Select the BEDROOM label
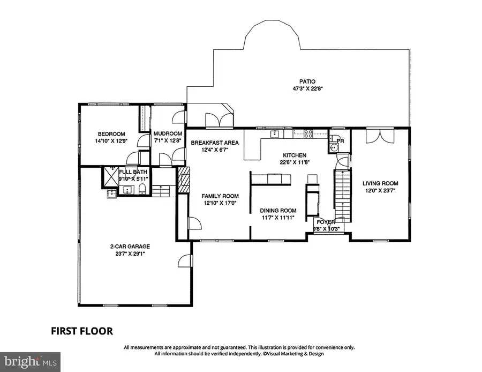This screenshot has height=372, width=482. coord(111,134)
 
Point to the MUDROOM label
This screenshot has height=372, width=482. coord(168,134)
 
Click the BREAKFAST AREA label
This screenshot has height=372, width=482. coord(215,143)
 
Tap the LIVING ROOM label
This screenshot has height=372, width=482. coord(380,183)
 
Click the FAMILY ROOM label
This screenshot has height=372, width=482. coord(220,196)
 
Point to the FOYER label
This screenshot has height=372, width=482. coord(326,222)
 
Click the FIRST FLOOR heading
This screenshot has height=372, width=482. coord(81,331)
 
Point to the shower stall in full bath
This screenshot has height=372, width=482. coord(111,175)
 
